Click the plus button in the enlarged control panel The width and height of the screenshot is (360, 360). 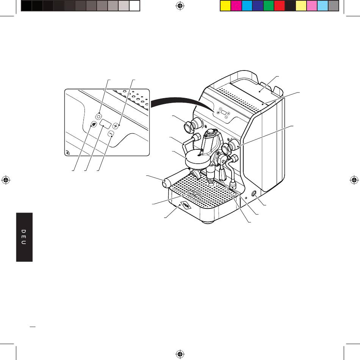click(116, 126)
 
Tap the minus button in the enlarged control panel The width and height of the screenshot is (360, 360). click(111, 133)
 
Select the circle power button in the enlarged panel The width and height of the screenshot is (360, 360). click(99, 117)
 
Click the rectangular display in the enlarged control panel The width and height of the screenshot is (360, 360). click(105, 124)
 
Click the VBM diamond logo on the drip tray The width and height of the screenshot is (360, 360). click(185, 205)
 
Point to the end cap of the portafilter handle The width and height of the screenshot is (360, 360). click(165, 184)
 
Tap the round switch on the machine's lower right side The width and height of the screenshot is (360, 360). click(254, 194)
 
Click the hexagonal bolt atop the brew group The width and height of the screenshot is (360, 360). click(210, 132)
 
